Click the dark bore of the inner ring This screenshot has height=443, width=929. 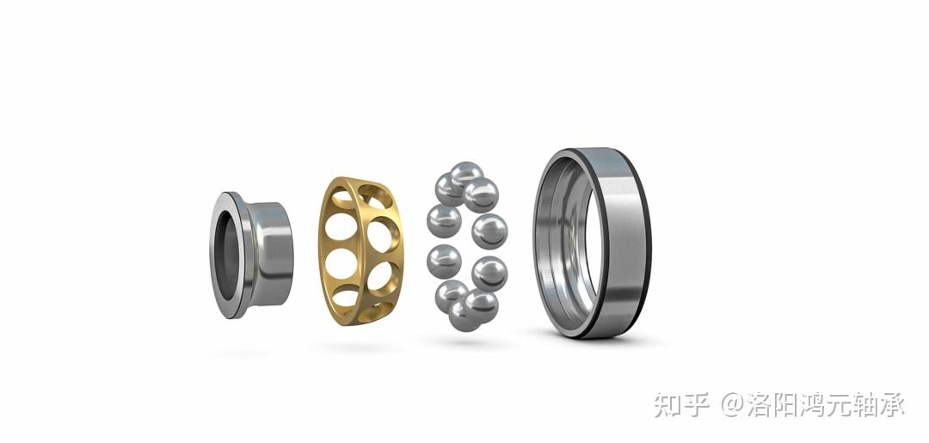tap(226, 255)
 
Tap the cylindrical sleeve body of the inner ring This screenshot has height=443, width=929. tap(270, 254)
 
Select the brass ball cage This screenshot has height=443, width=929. tap(360, 251)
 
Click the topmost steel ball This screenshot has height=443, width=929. tap(467, 175)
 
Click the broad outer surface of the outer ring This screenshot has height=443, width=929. tap(619, 243)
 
